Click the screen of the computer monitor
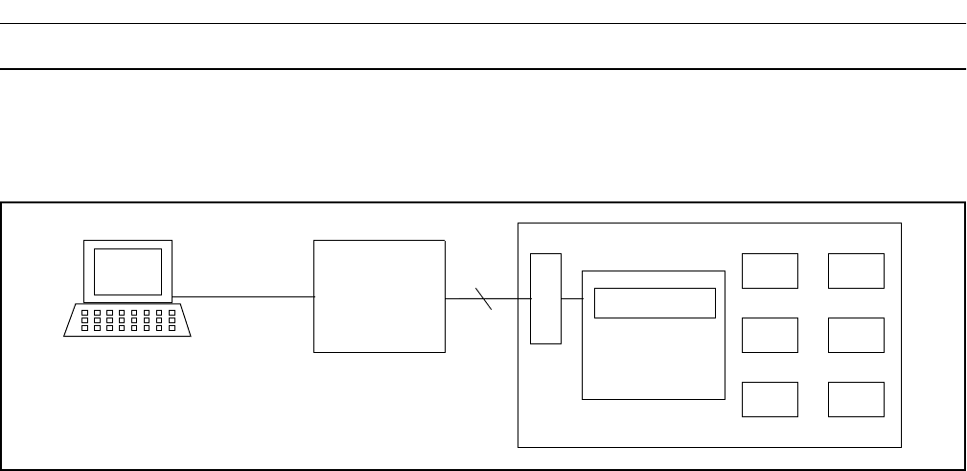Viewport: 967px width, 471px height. pyautogui.click(x=127, y=271)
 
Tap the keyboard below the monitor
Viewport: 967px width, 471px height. pyautogui.click(x=127, y=320)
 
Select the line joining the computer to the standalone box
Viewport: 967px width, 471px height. pyautogui.click(x=243, y=297)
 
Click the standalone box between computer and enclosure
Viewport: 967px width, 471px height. pyautogui.click(x=380, y=296)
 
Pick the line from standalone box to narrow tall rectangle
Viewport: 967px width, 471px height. pyautogui.click(x=508, y=298)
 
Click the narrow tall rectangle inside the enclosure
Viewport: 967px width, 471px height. pyautogui.click(x=545, y=298)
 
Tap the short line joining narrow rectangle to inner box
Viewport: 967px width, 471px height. pyautogui.click(x=571, y=298)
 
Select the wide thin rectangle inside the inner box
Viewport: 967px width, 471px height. pyautogui.click(x=655, y=302)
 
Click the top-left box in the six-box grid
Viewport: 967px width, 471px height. pyautogui.click(x=770, y=271)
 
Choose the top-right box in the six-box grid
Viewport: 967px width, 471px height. pyautogui.click(x=856, y=271)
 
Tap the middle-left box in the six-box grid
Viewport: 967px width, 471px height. pyautogui.click(x=770, y=335)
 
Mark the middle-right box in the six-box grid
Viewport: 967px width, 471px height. pyautogui.click(x=856, y=335)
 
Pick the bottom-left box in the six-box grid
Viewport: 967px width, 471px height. pyautogui.click(x=770, y=399)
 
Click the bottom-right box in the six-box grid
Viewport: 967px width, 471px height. pyautogui.click(x=856, y=399)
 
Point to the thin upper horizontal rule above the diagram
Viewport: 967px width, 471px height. pyautogui.click(x=483, y=24)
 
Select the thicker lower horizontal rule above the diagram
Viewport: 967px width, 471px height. pyautogui.click(x=483, y=69)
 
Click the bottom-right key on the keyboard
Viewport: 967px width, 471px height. pyautogui.click(x=171, y=328)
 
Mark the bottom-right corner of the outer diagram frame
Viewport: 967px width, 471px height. pyautogui.click(x=963, y=469)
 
